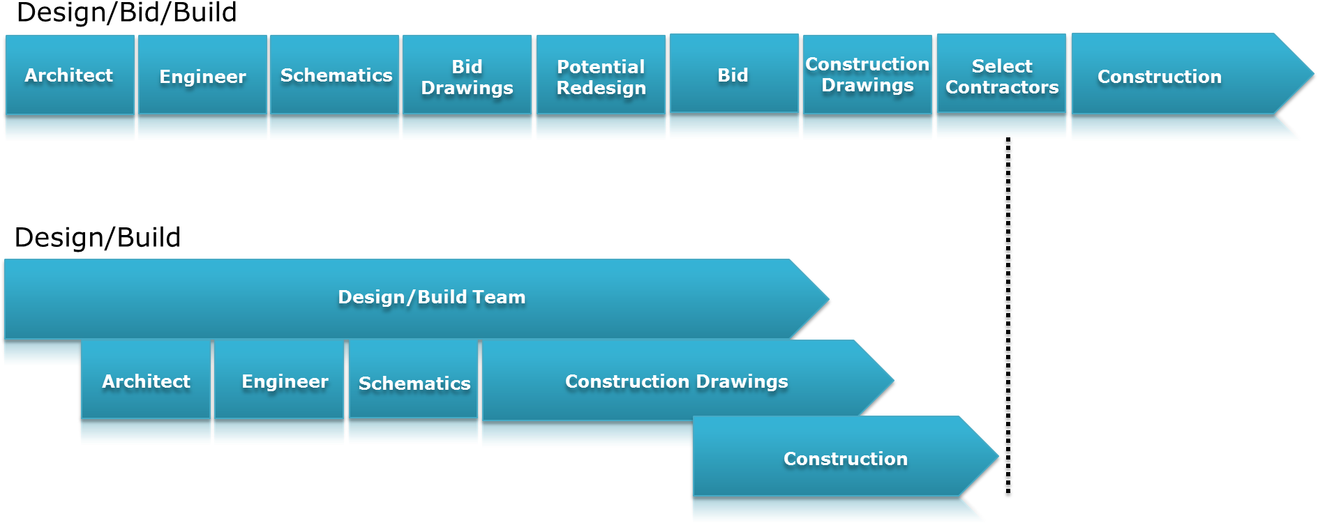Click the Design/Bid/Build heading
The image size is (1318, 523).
coord(126,13)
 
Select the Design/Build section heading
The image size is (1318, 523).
coord(98,238)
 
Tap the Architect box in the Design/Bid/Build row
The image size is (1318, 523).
coord(70,75)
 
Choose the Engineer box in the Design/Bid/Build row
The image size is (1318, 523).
coord(202,75)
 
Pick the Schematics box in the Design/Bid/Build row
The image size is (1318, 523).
coord(335,75)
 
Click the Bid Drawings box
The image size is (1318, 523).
coord(467,75)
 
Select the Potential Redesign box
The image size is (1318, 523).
coord(601,75)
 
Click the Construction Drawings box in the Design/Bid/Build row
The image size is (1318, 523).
coord(867,74)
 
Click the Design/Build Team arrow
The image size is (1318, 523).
coord(417,299)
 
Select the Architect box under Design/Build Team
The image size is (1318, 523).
coord(146,379)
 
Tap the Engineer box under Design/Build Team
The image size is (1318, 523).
coord(279,379)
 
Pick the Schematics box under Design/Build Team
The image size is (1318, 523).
coord(413,379)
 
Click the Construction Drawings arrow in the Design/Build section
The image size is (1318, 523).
coord(688,380)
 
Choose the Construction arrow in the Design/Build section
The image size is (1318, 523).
coord(846,456)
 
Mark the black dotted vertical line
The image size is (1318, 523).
coord(1008,315)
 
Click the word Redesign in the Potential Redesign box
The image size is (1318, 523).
coord(601,88)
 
